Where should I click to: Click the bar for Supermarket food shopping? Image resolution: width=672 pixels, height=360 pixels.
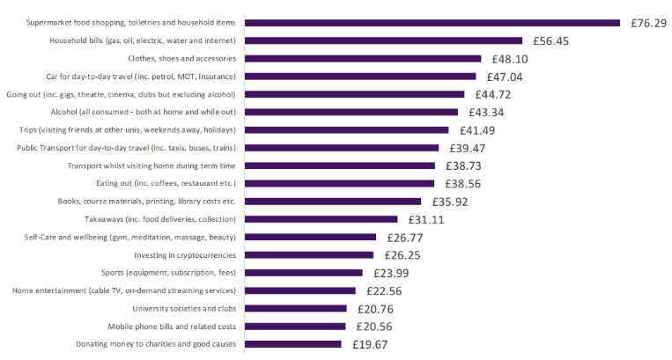pos(432,23)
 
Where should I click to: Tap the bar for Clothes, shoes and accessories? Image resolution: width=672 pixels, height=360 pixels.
pos(362,59)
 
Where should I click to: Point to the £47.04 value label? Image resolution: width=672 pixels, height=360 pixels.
pos(506,77)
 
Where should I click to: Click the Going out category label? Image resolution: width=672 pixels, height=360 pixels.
pos(121,94)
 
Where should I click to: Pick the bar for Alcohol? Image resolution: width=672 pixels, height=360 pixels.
pos(351,112)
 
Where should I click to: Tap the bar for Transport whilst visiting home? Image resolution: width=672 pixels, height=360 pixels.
pos(339,165)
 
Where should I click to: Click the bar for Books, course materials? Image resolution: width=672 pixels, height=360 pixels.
pos(332,202)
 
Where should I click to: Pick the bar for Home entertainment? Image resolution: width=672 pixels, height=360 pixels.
pos(299,290)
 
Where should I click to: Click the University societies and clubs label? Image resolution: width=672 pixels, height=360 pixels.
pos(183,309)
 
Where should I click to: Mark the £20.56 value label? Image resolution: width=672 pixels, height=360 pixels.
pos(374,327)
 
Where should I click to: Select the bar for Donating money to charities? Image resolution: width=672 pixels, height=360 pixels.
pos(292,344)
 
